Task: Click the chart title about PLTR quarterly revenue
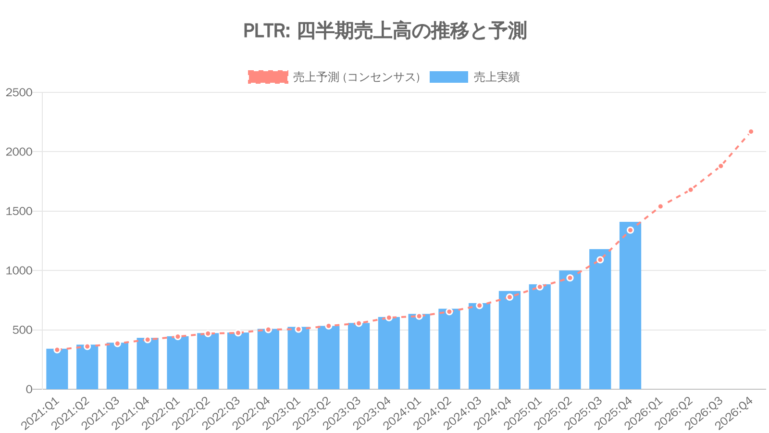384,31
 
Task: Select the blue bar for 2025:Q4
630,308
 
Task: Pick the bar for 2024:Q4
509,342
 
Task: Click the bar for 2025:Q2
570,332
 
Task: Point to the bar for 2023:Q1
298,358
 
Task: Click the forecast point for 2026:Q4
751,132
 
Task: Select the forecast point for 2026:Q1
660,206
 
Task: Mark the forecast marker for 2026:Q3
720,166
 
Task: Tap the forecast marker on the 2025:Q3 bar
600,260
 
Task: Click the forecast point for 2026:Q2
691,190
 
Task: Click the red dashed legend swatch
268,77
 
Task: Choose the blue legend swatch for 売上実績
448,77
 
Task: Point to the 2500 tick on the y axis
19,92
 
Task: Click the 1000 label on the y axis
19,271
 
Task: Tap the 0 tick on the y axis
29,389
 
